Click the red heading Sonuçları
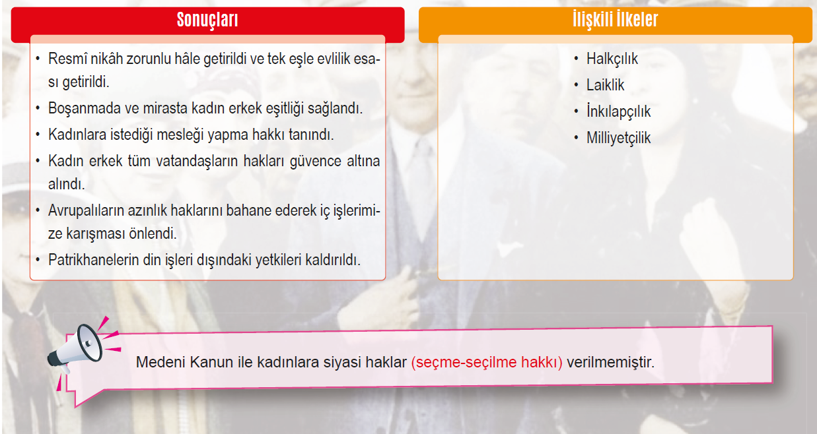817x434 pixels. (207, 20)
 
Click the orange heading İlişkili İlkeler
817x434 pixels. (616, 19)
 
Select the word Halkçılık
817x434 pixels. (612, 59)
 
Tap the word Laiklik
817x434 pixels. (605, 85)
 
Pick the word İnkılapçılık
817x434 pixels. (618, 111)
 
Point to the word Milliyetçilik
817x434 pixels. (618, 138)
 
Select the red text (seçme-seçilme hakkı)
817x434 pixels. (487, 362)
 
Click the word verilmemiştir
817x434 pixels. (610, 362)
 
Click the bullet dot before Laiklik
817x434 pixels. (577, 85)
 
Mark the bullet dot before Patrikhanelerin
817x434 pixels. (38, 260)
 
